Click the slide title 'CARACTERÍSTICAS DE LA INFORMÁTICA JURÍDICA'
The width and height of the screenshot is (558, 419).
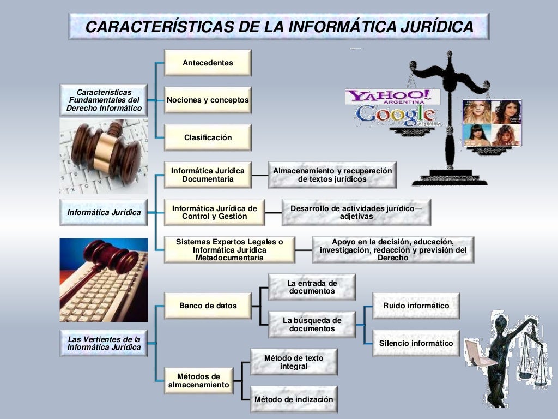(278, 26)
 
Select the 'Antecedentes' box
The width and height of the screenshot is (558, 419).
(208, 63)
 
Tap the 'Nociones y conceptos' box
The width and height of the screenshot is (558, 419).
(208, 100)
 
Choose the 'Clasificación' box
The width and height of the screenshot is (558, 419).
(208, 137)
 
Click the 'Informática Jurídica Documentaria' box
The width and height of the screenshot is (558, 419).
(208, 175)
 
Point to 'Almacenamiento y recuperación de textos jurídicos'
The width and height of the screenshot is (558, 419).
(332, 175)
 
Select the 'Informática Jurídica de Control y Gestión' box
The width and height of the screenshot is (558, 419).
(214, 212)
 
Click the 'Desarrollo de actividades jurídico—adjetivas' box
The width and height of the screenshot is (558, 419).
(356, 212)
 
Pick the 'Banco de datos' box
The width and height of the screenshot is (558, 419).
(208, 306)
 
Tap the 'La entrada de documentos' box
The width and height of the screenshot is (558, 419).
(312, 287)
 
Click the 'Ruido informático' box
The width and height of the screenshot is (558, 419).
(416, 306)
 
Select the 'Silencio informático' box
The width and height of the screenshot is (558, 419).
(416, 343)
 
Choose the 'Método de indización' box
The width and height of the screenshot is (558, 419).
(293, 399)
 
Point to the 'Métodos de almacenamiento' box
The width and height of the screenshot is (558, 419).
(198, 381)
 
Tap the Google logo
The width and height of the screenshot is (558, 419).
(395, 115)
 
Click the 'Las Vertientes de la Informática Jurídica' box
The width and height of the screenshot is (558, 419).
(104, 343)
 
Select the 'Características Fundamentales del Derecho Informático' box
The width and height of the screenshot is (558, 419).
(104, 100)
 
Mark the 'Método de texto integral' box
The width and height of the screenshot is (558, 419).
(293, 362)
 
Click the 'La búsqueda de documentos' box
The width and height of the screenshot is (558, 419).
(312, 325)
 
